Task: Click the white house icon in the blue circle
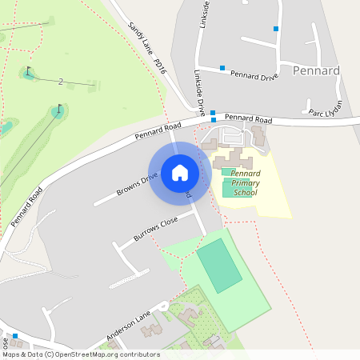coord(180,172)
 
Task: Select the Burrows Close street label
coord(155,230)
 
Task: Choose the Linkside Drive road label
coord(199,93)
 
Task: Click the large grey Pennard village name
coord(316,70)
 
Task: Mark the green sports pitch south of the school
coord(218,265)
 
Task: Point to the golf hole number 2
coord(61,82)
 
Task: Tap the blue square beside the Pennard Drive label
coord(222,68)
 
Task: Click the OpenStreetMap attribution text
coord(80,354)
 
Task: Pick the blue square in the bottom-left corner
coord(15,336)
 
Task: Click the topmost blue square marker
coord(276,29)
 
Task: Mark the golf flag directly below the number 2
coord(58,109)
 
